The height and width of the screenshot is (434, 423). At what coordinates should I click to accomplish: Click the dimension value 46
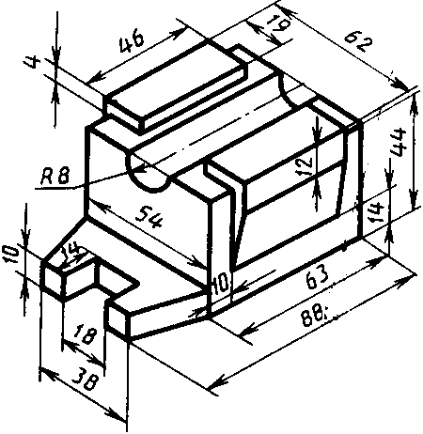(x=132, y=41)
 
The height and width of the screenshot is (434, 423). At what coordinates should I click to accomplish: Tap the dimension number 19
(x=276, y=25)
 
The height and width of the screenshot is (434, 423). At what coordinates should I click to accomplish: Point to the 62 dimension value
(x=358, y=43)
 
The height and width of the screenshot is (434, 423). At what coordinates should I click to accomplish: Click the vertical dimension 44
(x=399, y=142)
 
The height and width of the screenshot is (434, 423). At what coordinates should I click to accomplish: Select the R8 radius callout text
(x=55, y=177)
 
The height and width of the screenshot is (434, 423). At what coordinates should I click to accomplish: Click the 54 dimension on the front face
(x=149, y=217)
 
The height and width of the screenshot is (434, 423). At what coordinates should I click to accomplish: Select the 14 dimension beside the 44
(x=376, y=213)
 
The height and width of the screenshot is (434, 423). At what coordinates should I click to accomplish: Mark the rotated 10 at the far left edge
(x=9, y=254)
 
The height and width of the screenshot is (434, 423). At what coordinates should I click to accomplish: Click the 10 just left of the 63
(x=221, y=284)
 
